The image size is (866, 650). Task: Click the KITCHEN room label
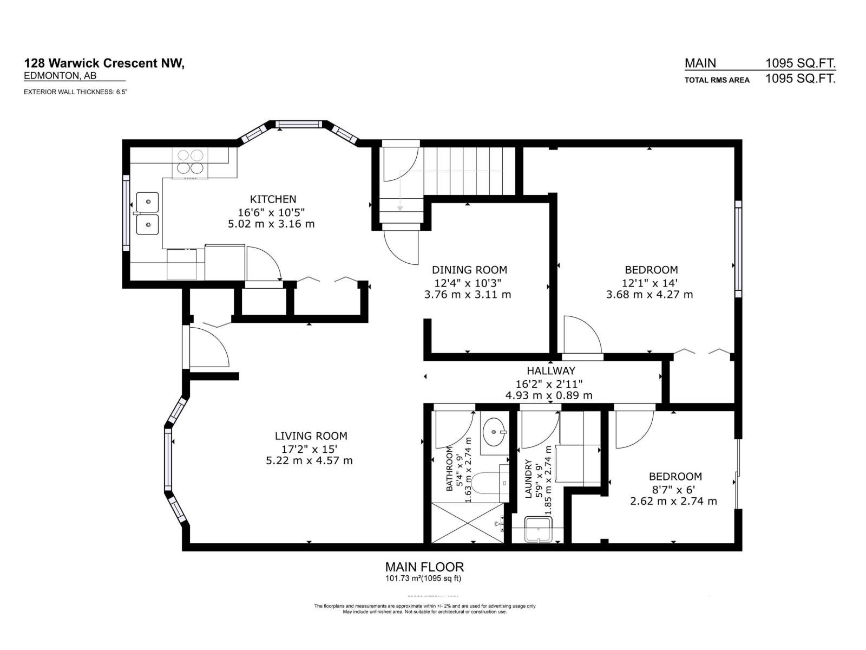273,199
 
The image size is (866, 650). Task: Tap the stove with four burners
189,162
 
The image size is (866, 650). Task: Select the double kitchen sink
147,213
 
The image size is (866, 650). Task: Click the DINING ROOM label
469,270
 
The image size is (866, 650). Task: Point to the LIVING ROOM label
311,436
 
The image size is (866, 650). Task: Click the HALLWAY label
550,371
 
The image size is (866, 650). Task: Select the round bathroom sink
494,432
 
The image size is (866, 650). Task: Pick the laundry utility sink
539,529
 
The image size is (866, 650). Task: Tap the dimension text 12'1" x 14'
650,283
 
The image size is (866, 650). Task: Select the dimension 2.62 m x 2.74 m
673,502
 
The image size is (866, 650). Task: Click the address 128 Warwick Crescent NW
104,64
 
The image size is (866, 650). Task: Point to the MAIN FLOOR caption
424,567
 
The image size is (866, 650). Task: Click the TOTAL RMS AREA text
717,80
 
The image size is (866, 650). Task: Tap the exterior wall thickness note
75,92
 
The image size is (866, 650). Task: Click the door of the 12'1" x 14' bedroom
582,336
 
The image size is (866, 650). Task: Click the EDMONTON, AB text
60,77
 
